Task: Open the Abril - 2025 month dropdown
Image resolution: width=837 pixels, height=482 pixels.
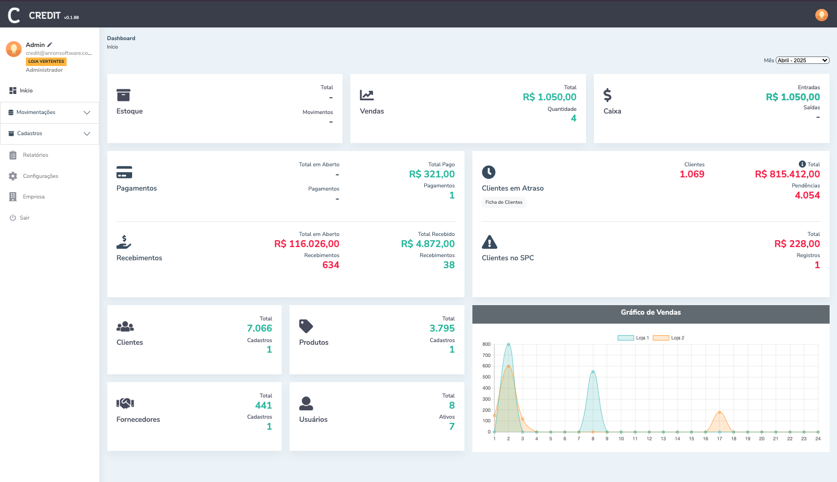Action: pos(802,60)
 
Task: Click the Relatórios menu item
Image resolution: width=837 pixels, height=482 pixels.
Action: pos(35,155)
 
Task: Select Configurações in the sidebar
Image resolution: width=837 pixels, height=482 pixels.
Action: pos(40,176)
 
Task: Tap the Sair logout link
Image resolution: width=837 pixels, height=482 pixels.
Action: pos(24,218)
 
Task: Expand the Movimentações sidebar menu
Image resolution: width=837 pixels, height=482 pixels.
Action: pos(50,112)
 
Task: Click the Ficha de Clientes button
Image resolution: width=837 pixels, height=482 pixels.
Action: pos(504,202)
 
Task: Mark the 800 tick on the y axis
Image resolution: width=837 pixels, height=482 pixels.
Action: pos(486,344)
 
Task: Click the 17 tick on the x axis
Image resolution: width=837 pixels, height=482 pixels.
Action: pos(719,439)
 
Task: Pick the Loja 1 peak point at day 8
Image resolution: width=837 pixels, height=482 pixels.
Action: pos(593,372)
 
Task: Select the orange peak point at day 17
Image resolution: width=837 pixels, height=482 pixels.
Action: pos(719,412)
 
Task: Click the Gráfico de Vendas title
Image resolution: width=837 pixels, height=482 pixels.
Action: pos(650,313)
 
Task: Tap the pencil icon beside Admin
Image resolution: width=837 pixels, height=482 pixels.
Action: pos(50,45)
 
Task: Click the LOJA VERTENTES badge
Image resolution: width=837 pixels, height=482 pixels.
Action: pos(46,62)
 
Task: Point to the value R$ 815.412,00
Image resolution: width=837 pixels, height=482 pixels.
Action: pos(787,174)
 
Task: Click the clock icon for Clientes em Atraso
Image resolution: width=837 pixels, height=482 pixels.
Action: pos(489,172)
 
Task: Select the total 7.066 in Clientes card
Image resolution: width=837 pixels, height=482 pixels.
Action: pos(259,328)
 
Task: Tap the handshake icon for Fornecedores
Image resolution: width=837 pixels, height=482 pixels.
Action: pos(125,403)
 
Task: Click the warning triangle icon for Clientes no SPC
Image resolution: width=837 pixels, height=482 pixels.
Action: pos(489,242)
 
